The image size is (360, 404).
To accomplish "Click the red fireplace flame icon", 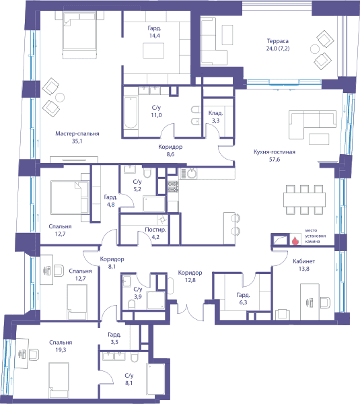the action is pos(295,241).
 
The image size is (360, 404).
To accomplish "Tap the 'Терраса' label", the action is pos(278,41).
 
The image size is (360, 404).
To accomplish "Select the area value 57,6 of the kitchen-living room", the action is pos(275,160).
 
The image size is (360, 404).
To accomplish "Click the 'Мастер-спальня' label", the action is pos(77,134).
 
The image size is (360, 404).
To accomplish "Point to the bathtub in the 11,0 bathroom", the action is pos(131,112).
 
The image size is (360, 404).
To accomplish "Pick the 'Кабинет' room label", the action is pos(304,261).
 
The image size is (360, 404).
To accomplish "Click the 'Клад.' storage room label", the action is pos(215,113).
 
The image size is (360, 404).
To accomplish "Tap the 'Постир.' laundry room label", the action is pos(155,230).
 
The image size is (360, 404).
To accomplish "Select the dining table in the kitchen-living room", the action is pos(304,200).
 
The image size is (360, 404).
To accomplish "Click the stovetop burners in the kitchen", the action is pos(173,187).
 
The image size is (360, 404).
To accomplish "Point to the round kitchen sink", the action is pos(191,174).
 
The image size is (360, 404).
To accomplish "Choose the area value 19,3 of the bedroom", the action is pos(61,350).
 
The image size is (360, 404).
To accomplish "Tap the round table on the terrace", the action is pos(315,49).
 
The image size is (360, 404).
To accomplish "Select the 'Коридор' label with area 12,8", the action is pos(190,273).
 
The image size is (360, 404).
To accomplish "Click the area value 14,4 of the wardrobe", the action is pos(155,36).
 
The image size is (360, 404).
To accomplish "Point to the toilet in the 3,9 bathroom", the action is pos(131,305).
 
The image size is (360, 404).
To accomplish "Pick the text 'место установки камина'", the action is pos(315,236).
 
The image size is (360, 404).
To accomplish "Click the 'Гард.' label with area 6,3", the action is pos(244,295).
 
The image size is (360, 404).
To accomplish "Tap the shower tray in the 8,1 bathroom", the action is pos(156,379).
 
